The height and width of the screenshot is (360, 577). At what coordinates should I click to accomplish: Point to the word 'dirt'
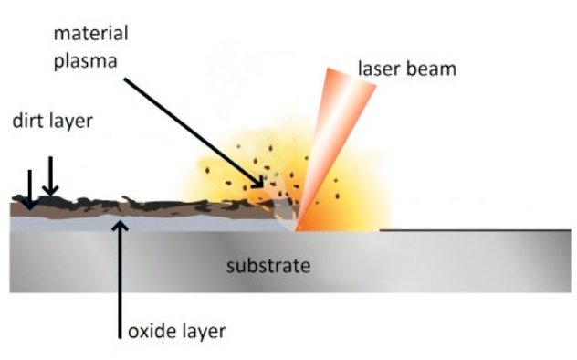[28, 121]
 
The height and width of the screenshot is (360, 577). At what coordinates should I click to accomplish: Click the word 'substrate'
[268, 267]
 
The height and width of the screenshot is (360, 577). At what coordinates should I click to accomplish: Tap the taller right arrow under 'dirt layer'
[51, 175]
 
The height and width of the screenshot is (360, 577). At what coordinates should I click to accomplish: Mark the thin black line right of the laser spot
[475, 230]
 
